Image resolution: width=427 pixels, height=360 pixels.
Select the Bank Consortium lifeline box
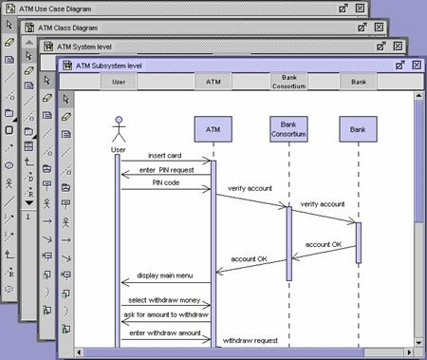pyautogui.click(x=288, y=128)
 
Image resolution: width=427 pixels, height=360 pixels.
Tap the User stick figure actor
pyautogui.click(x=119, y=131)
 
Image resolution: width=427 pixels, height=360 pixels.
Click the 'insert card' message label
pyautogui.click(x=166, y=155)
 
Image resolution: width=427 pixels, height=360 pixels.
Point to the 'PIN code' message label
pyautogui.click(x=166, y=181)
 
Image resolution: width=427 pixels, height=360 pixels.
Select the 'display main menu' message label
pyautogui.click(x=166, y=275)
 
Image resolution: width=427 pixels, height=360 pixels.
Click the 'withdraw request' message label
pyautogui.click(x=251, y=339)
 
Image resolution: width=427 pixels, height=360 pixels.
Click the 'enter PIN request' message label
pyautogui.click(x=166, y=168)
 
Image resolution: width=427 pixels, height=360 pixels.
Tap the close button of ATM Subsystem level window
pyautogui.click(x=414, y=65)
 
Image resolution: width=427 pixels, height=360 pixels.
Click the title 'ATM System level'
pyautogui.click(x=91, y=45)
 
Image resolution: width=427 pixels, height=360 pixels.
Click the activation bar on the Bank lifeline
pyautogui.click(x=359, y=242)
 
